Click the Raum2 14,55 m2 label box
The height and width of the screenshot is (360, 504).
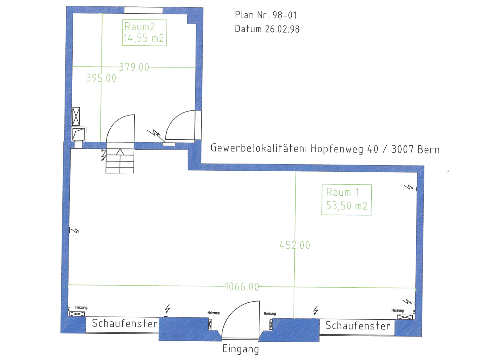[144, 33]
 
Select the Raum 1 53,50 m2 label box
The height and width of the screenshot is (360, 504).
[346, 200]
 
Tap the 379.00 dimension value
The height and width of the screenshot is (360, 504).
[134, 67]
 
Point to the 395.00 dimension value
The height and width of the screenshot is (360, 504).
[101, 78]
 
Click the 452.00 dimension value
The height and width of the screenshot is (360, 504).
[295, 245]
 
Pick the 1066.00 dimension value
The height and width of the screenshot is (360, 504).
[242, 287]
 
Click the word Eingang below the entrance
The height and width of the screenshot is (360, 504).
[241, 349]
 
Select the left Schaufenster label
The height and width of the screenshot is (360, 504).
[125, 324]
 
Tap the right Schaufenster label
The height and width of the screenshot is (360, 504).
[358, 326]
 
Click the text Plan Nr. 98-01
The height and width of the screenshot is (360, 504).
[266, 15]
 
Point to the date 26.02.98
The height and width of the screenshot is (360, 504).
[282, 29]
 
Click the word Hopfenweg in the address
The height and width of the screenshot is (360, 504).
[337, 149]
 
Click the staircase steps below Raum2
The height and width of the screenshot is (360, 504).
[120, 161]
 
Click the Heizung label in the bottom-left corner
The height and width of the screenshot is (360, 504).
[81, 307]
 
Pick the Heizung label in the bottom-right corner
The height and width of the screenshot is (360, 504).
[397, 310]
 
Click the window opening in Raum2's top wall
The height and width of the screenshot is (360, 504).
[143, 10]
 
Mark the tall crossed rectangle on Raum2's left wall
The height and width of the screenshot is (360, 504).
[76, 117]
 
